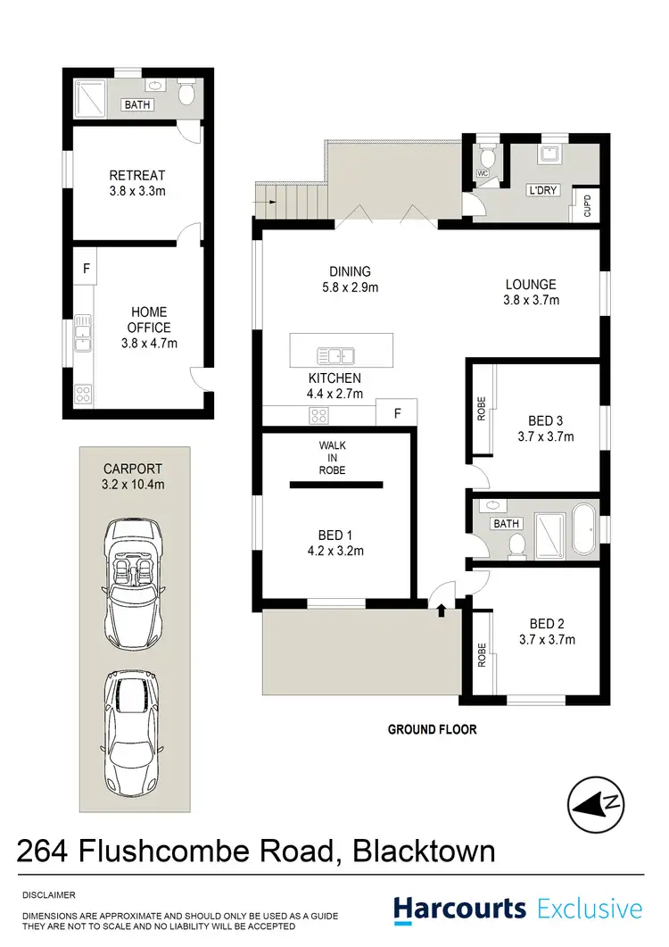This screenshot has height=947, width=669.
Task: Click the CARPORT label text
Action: [133, 468]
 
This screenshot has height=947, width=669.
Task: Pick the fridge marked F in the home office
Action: [87, 267]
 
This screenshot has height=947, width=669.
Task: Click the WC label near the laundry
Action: [483, 172]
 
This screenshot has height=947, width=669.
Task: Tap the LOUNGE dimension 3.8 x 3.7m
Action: [532, 301]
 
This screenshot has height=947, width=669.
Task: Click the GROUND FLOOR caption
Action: [432, 729]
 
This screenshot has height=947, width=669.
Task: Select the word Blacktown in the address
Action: [425, 851]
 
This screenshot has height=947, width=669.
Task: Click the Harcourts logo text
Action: [460, 910]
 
